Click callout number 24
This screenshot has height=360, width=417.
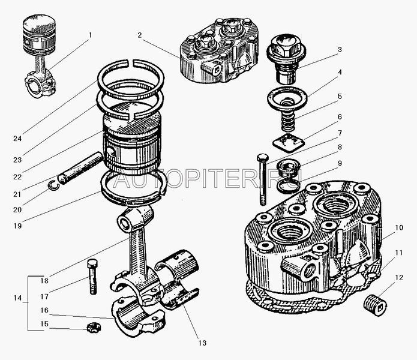[x=17, y=138]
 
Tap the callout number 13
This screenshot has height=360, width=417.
[x=202, y=343]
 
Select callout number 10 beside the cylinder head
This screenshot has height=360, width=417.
[x=398, y=227]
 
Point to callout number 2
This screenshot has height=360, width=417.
[x=140, y=35]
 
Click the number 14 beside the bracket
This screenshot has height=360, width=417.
[x=17, y=298]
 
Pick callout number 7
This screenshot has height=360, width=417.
[x=340, y=133]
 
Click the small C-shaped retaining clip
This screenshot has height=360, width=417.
[x=53, y=185]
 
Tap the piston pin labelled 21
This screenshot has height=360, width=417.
[x=80, y=169]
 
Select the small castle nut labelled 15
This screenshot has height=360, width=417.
[x=94, y=327]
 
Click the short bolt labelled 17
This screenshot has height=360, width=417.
[x=92, y=277]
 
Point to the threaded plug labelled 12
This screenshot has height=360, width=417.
[x=375, y=305]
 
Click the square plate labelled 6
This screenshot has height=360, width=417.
[x=289, y=143]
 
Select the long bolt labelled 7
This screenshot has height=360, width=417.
[x=262, y=180]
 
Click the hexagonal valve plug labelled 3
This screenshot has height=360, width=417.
[x=286, y=59]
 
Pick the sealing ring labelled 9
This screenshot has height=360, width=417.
[x=288, y=185]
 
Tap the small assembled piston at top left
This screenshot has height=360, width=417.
[x=40, y=55]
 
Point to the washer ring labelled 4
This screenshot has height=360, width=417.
[x=287, y=97]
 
